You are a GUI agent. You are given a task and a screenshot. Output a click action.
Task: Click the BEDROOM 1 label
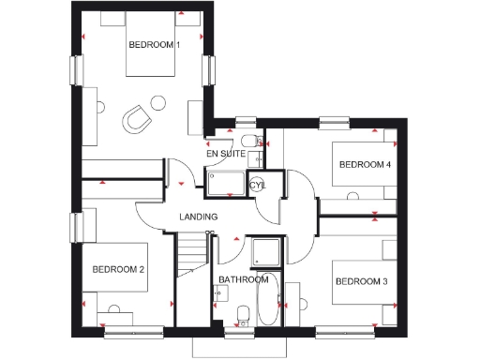[154, 44]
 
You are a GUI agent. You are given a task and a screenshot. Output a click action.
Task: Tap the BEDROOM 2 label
[117, 270]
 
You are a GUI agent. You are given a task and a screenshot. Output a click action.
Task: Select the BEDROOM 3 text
[361, 281]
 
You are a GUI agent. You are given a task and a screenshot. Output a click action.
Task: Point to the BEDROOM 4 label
[365, 165]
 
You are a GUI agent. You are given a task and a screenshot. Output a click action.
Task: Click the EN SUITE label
[226, 153]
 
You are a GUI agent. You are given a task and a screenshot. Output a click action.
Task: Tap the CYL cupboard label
[259, 186]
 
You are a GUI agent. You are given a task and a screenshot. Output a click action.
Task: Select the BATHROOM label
[244, 279]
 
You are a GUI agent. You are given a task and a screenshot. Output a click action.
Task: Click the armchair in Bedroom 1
[138, 117]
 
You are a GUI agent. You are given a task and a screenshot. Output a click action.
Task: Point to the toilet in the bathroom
[242, 314]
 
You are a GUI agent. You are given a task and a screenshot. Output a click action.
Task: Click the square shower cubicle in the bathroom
[264, 251]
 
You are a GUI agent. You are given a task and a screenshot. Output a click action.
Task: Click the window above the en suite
[246, 120]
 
